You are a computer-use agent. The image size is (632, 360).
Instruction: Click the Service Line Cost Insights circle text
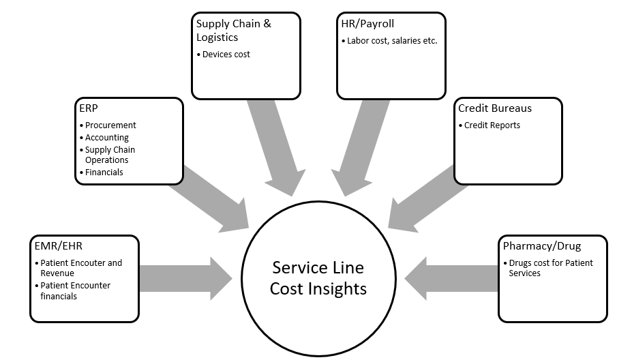point(318,278)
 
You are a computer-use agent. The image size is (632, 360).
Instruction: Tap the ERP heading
point(88,108)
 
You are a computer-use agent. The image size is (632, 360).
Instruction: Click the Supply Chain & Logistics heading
point(233,30)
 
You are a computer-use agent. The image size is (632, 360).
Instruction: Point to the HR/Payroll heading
point(367,24)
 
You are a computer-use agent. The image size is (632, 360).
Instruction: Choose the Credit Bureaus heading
point(494,108)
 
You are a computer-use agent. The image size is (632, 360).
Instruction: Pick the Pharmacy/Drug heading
point(541,245)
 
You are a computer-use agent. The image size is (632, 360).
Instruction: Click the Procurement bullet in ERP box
point(110,125)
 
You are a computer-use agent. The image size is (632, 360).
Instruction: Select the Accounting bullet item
point(106,138)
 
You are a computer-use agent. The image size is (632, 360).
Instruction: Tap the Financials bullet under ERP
point(104,172)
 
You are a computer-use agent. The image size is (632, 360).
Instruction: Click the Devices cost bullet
point(226,54)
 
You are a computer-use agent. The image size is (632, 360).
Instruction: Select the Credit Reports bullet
point(492,125)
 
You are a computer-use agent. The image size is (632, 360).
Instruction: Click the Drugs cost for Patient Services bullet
point(550,268)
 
